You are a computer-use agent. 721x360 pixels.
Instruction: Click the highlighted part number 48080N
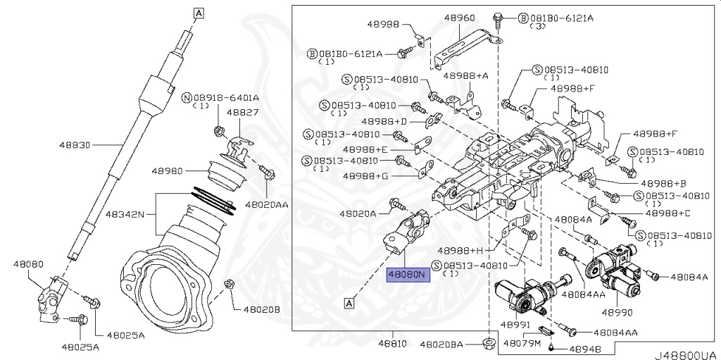tap(407, 275)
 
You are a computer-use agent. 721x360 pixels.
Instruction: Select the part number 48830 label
tap(75, 144)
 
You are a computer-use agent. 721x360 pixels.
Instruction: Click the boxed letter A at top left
tap(199, 13)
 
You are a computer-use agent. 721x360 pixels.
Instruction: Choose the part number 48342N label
tap(125, 212)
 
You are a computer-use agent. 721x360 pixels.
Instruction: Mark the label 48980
tap(167, 170)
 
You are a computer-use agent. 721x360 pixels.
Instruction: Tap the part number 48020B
tap(262, 309)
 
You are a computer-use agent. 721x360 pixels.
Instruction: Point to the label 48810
tap(392, 345)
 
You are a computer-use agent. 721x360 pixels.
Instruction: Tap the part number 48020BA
tap(441, 345)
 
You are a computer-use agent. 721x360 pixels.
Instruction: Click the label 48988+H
tap(460, 250)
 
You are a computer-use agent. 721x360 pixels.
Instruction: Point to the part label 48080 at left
tap(27, 264)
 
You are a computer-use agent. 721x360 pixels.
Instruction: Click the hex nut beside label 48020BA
tap(488, 344)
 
